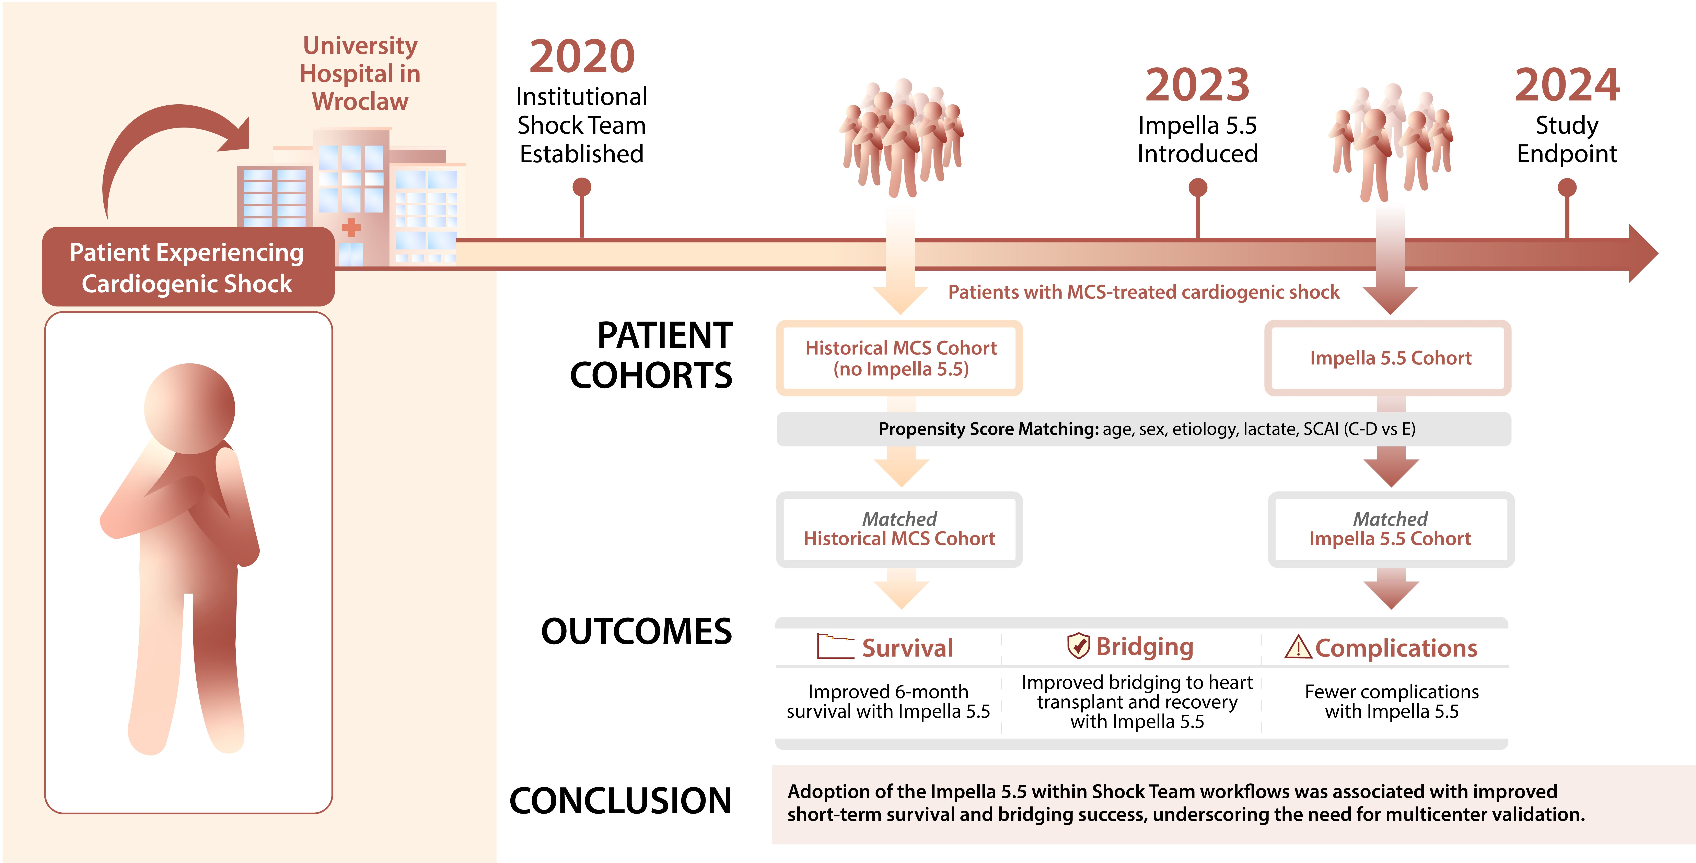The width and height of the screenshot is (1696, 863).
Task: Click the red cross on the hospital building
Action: point(351,228)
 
